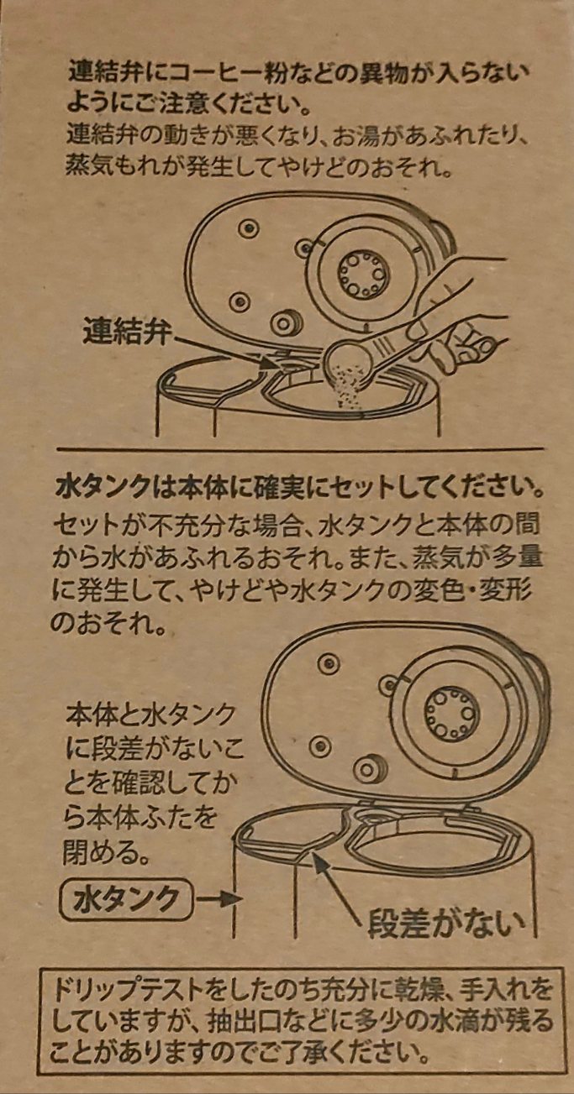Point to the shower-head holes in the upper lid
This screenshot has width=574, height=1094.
(x=364, y=275)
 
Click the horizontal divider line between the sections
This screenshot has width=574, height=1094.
(x=299, y=449)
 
